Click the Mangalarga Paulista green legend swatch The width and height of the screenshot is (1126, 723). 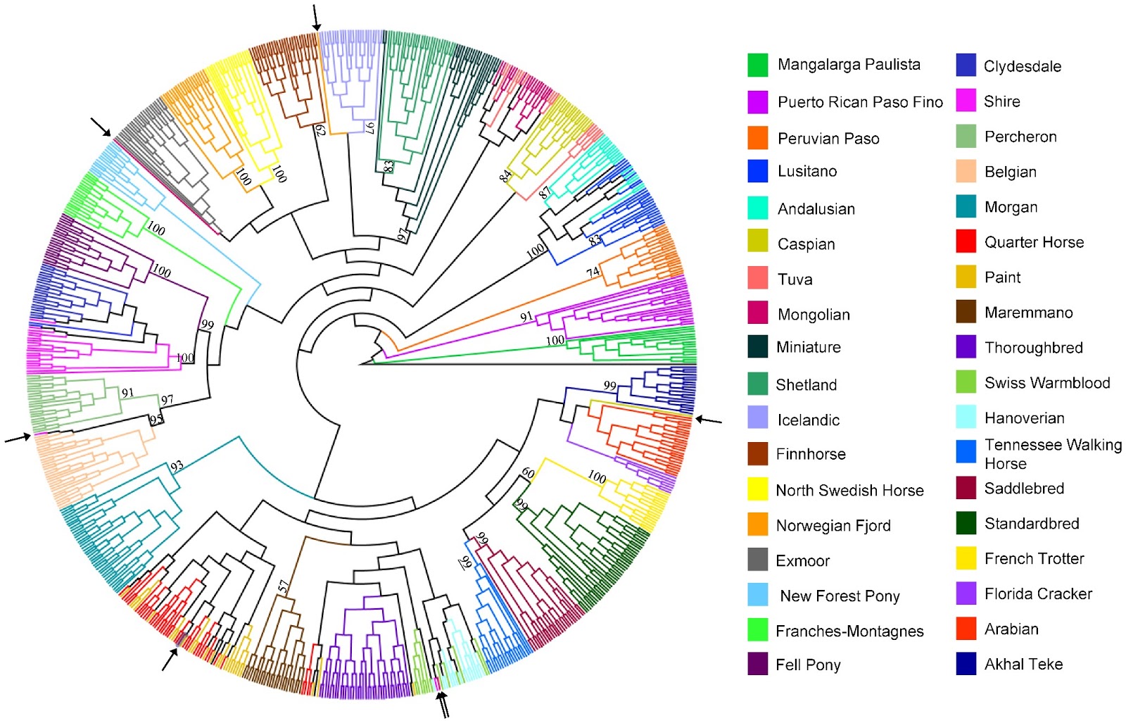[x=757, y=65]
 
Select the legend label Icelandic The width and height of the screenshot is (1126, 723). [x=808, y=420]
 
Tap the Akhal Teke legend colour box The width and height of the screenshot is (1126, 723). [x=966, y=664]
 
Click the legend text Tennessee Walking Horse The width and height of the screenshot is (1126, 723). [x=1053, y=454]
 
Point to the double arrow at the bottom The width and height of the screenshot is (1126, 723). [x=443, y=705]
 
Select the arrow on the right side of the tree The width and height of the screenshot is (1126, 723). [x=709, y=420]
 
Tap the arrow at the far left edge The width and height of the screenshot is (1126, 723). [x=18, y=438]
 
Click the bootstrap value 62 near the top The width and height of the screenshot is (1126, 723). [x=320, y=130]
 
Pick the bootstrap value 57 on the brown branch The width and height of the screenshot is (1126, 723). [x=283, y=586]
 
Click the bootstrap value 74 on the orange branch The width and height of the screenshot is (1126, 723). [x=593, y=272]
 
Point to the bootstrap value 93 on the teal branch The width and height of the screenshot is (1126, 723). [x=177, y=465]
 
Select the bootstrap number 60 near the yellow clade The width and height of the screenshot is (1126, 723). [x=528, y=473]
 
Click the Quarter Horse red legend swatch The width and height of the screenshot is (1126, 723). [x=966, y=241]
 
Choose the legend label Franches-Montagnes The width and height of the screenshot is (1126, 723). [x=849, y=631]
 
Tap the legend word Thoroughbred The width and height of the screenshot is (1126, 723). [x=1033, y=348]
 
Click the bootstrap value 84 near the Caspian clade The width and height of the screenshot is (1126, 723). [x=505, y=176]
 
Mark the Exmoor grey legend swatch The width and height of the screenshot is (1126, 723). [x=757, y=560]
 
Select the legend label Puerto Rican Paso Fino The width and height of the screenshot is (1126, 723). [x=860, y=102]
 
